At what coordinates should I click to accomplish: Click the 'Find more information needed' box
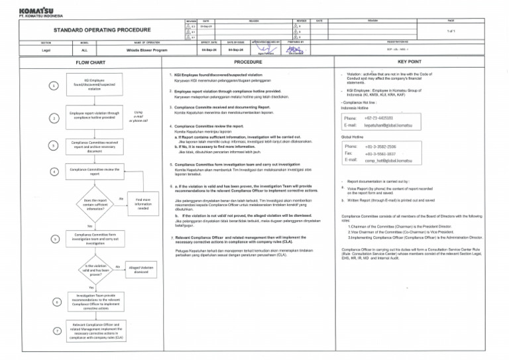(x=143, y=204)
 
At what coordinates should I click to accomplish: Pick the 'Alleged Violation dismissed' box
(x=143, y=269)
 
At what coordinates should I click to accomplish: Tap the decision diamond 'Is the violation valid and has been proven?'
(x=93, y=268)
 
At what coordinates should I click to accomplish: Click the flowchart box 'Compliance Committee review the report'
(x=93, y=172)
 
